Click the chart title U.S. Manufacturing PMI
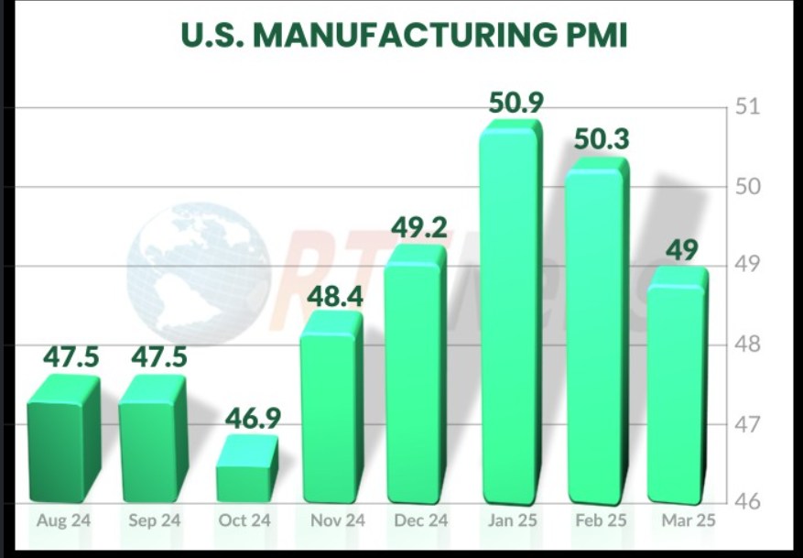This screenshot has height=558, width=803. pos(403,36)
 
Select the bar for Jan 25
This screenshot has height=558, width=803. pos(509,316)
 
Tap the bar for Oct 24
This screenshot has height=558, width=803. pos(246,471)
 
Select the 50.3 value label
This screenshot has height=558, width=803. pos(602,140)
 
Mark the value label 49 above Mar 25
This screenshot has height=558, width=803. pos(682,250)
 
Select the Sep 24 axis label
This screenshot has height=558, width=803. pos(155,520)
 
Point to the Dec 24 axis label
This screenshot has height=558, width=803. pos(422,520)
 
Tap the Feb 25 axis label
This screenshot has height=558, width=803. pos(600,520)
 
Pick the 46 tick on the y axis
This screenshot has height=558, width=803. pos(749,503)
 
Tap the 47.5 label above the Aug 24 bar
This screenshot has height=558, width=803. pos(71,356)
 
